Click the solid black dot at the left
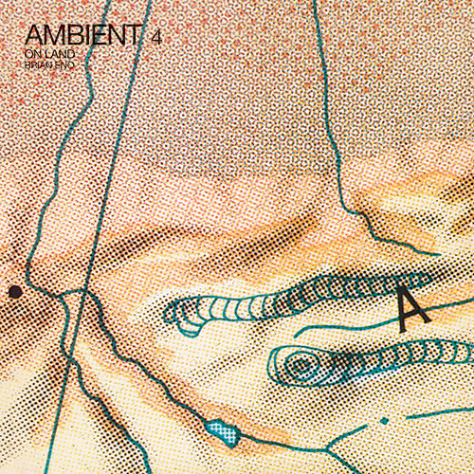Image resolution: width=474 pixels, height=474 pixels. point(15,292)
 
